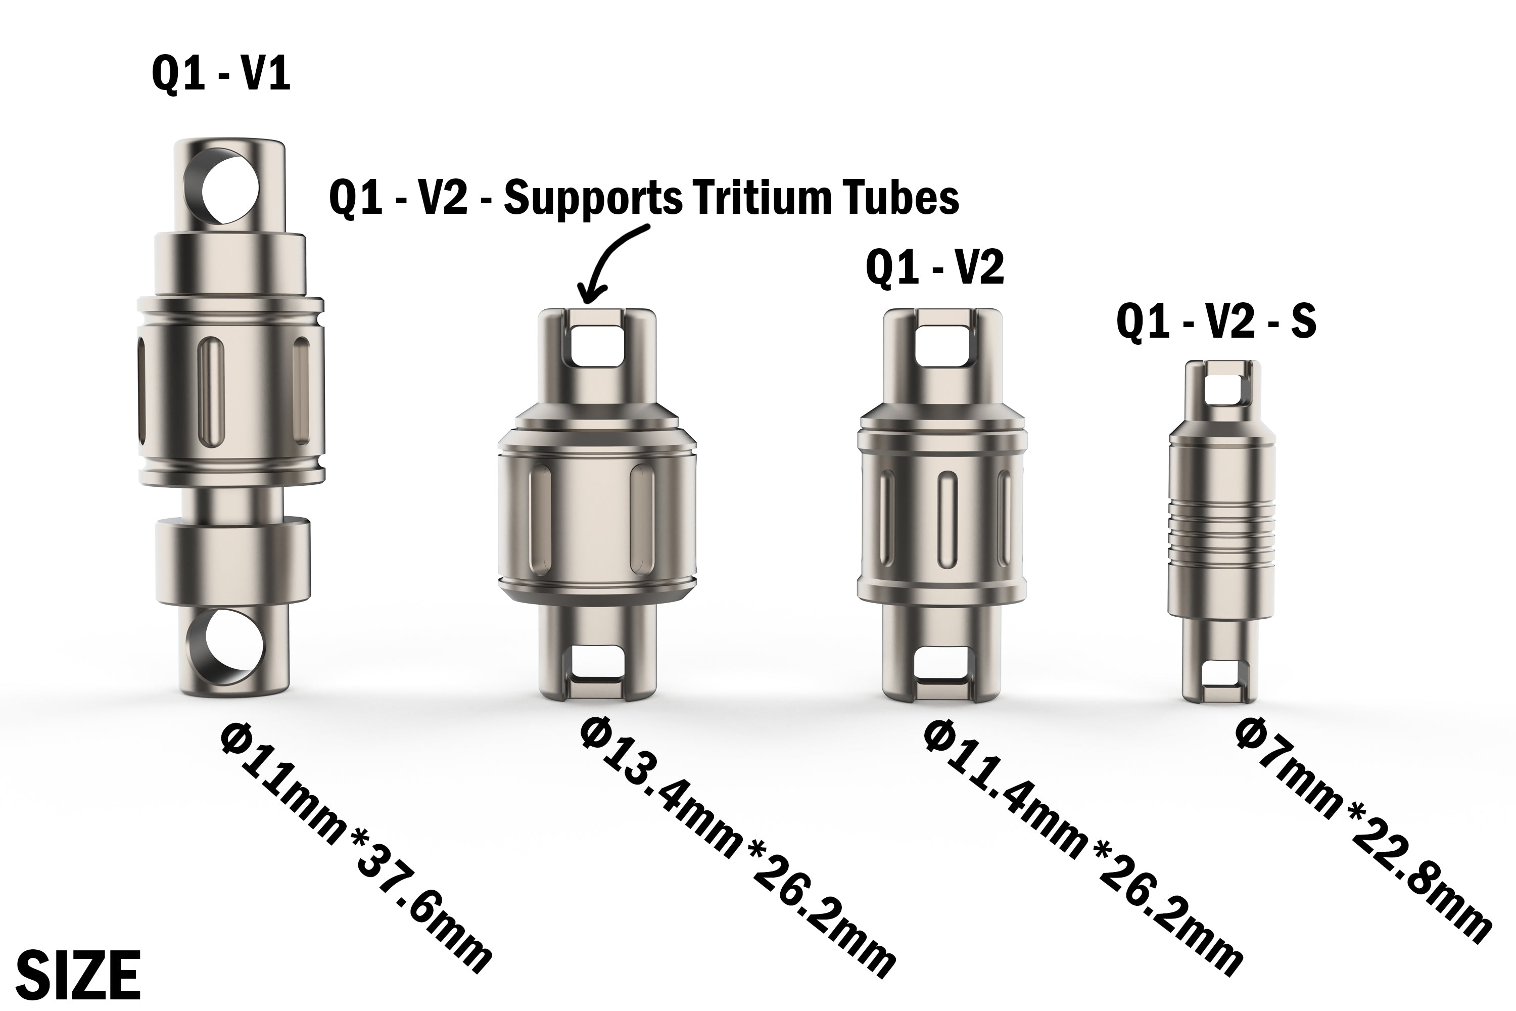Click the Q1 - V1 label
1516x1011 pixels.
221,75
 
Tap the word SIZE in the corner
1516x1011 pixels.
77,975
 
